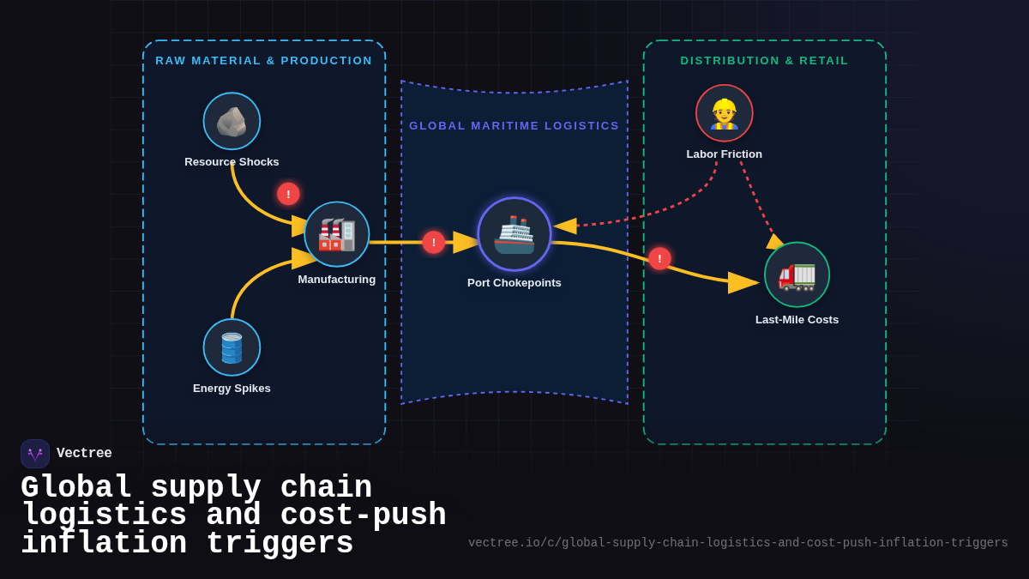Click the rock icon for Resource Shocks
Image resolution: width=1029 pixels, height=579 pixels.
[232, 121]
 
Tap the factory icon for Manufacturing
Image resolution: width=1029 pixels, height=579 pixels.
[337, 234]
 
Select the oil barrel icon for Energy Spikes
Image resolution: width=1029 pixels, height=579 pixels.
[232, 347]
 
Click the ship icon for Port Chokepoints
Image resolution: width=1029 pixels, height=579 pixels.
[514, 234]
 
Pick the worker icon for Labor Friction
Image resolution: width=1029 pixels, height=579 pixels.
[725, 113]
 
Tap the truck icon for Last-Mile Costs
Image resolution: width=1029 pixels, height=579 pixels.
[797, 274]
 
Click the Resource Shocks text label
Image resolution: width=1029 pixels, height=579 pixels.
[232, 162]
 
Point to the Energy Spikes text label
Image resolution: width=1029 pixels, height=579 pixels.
[232, 389]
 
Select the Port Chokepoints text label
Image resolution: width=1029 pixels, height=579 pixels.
[514, 283]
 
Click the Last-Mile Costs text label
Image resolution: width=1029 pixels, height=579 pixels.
[797, 320]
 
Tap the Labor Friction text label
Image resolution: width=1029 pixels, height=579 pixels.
[725, 154]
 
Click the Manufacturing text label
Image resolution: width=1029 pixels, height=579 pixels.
[337, 280]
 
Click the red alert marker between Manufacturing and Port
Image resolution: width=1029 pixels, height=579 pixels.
[434, 242]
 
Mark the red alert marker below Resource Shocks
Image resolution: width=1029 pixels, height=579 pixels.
[288, 194]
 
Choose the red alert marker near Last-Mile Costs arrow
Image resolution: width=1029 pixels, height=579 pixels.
[659, 258]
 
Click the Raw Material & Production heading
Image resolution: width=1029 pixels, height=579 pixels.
[264, 61]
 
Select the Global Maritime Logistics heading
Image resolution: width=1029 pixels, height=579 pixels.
[514, 126]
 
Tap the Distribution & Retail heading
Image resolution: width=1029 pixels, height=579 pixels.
[764, 61]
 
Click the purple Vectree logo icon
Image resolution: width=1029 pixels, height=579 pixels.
[35, 454]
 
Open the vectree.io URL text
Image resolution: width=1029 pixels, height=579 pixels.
[737, 543]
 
